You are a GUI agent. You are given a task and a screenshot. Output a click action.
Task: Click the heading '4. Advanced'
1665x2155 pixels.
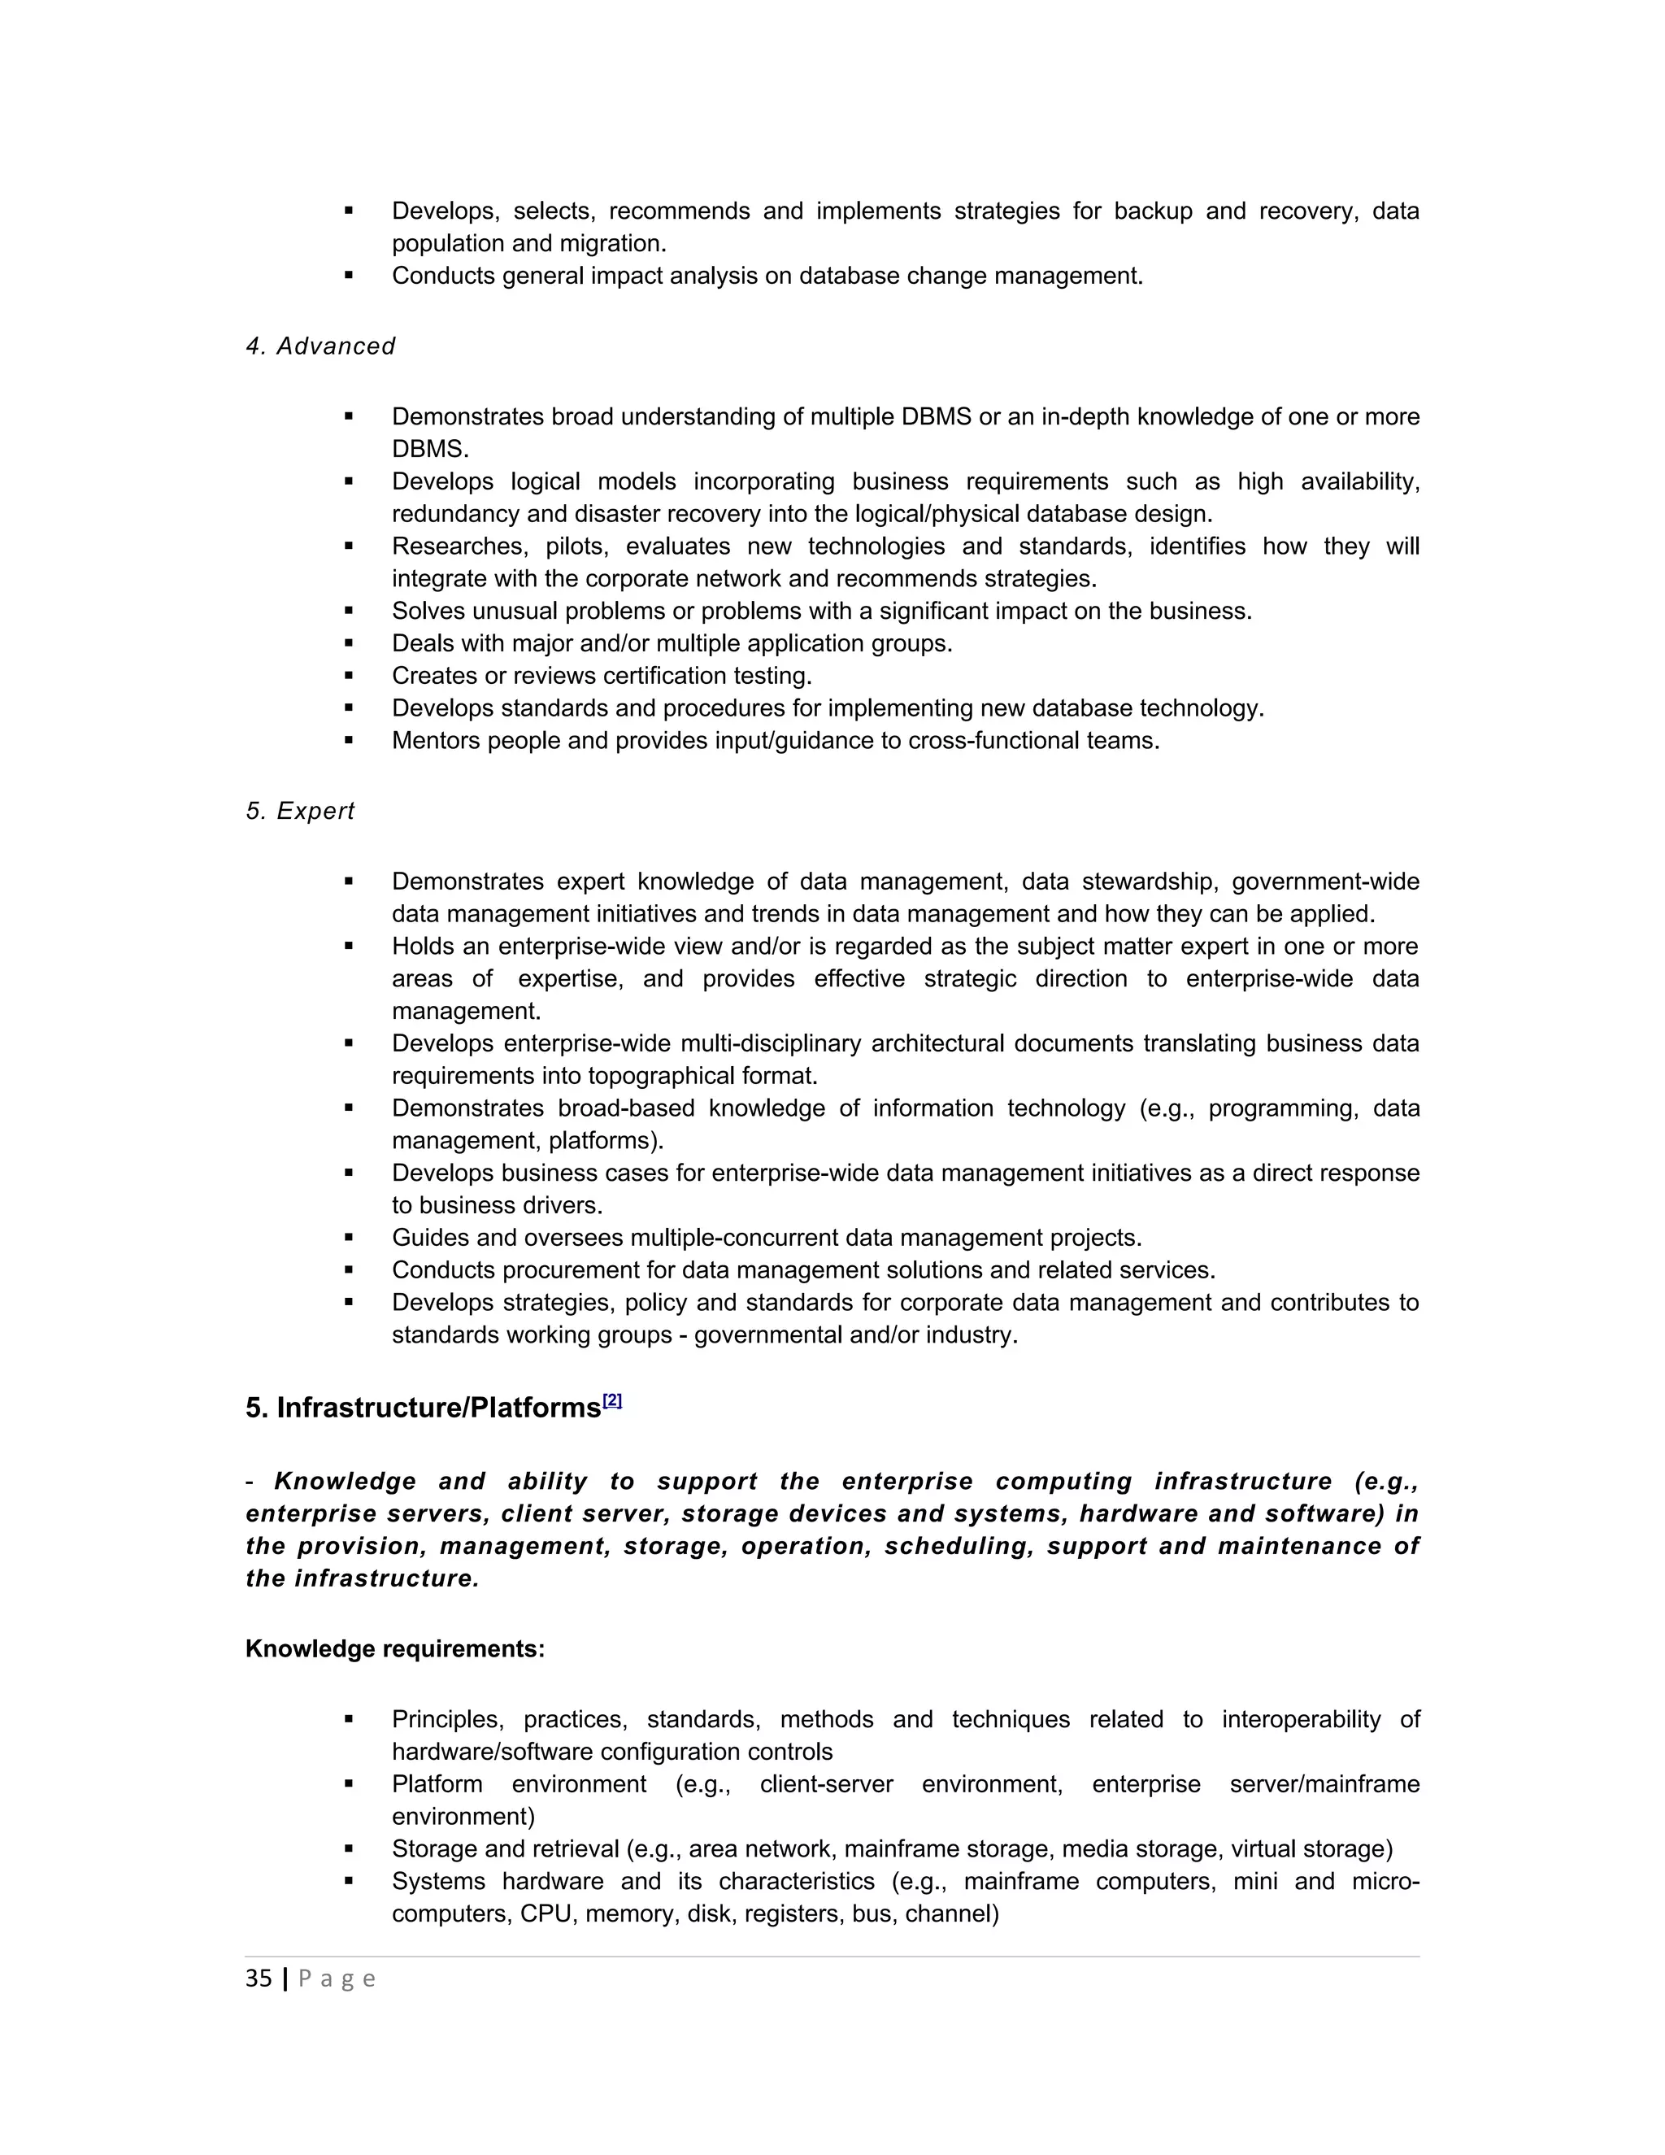(320, 346)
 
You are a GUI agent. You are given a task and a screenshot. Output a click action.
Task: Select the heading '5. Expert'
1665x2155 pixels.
(300, 811)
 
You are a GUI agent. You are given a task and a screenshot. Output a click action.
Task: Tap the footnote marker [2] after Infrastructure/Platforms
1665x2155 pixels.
(612, 1400)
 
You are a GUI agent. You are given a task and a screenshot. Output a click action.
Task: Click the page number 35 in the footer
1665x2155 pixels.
(259, 1979)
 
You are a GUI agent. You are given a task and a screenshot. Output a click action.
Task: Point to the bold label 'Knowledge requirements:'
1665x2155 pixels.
(394, 1649)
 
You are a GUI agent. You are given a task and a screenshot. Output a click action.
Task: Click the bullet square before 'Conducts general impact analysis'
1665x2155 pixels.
(349, 276)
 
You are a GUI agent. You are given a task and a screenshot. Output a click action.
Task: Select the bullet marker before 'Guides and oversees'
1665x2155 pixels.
(349, 1238)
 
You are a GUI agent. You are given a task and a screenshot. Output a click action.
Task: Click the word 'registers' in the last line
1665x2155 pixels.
(795, 1913)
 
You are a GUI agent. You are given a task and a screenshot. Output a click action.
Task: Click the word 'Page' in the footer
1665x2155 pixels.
(337, 1979)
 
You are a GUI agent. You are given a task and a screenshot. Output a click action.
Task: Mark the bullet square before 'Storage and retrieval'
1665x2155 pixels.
(349, 1848)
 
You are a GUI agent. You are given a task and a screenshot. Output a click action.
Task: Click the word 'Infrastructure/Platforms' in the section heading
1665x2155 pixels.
(438, 1408)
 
